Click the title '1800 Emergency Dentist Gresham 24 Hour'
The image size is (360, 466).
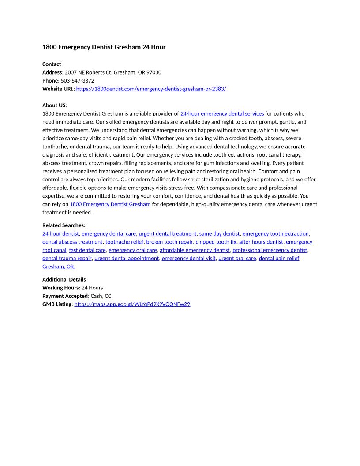click(x=104, y=47)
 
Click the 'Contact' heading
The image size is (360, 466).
click(x=52, y=64)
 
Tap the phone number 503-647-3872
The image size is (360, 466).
click(x=77, y=81)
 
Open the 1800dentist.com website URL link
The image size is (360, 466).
click(x=151, y=89)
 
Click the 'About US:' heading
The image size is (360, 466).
click(x=55, y=105)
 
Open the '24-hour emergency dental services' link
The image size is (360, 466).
click(x=222, y=113)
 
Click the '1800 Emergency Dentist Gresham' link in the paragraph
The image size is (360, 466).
click(x=110, y=204)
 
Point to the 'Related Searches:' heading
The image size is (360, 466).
click(x=64, y=225)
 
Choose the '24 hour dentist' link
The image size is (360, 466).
click(x=60, y=233)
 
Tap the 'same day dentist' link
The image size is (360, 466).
click(x=219, y=233)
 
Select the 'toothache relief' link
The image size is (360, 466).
click(x=124, y=242)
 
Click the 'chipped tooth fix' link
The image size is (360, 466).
click(x=216, y=242)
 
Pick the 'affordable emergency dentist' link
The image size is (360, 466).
click(x=195, y=250)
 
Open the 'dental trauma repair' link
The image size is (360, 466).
click(x=67, y=258)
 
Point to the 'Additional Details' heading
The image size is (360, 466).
click(x=64, y=279)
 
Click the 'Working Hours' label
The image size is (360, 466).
click(x=60, y=288)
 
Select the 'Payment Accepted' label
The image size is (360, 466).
click(x=65, y=296)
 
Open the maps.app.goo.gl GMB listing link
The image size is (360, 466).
click(x=132, y=304)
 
